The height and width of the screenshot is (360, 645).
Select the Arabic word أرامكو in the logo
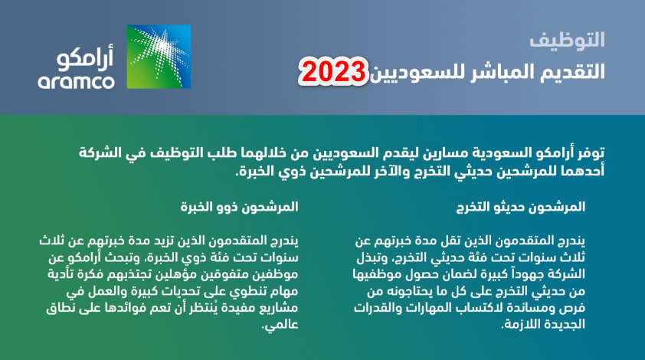click(85, 57)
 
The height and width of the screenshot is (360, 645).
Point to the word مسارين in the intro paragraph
click(437, 152)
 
